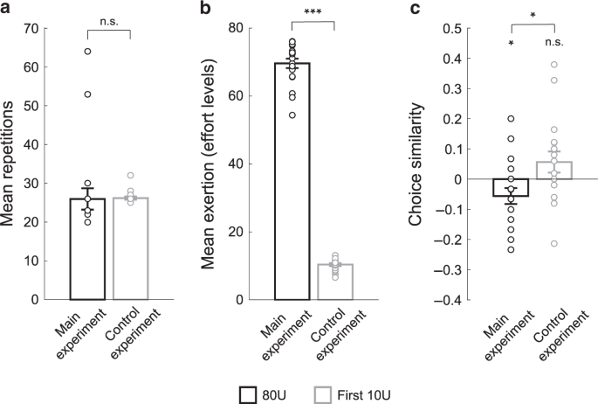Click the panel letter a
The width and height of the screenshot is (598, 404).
click(x=7, y=8)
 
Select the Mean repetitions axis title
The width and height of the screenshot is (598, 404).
click(x=13, y=163)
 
